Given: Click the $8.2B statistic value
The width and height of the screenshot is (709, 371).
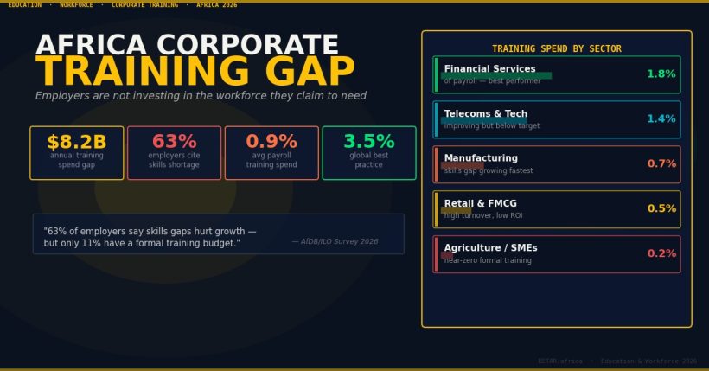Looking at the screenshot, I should click(77, 142).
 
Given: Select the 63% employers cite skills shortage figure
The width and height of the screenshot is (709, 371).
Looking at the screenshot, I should click(174, 142).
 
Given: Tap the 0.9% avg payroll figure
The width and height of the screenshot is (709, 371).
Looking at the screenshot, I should click(271, 142).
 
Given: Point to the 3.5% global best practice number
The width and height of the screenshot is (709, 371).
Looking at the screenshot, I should click(369, 142).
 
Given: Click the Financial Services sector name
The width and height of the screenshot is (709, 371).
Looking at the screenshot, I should click(489, 69).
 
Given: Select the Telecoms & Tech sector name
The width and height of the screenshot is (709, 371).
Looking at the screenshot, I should click(485, 114).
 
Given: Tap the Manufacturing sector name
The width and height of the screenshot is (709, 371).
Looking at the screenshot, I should click(481, 158).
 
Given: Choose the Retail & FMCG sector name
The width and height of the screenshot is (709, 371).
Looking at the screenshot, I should click(480, 204).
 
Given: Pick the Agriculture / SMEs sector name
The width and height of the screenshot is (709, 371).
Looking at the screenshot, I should click(490, 248).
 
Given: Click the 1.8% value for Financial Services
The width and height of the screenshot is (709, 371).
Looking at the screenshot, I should click(661, 74).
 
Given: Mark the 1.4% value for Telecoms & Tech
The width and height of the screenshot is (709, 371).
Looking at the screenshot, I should click(661, 119).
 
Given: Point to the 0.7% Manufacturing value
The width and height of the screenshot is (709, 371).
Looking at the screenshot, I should click(661, 164).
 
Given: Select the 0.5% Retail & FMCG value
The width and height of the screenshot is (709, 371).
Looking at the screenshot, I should click(661, 209).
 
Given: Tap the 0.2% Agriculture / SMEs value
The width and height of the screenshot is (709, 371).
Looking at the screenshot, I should click(661, 254).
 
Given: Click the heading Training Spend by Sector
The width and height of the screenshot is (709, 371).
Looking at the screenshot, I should click(556, 49).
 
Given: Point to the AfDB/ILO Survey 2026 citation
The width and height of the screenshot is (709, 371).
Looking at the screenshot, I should click(335, 242).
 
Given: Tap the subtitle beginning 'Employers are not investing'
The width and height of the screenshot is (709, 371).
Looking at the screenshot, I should click(201, 96).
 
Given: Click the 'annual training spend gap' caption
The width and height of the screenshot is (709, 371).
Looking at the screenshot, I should click(77, 160).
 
